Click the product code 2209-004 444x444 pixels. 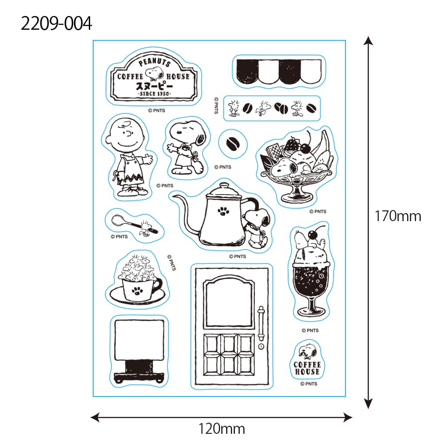point(56,23)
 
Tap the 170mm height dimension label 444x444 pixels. point(397,216)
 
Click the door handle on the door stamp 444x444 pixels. point(261,323)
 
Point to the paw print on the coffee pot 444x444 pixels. point(221,211)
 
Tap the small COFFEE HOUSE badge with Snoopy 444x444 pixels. point(307,360)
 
